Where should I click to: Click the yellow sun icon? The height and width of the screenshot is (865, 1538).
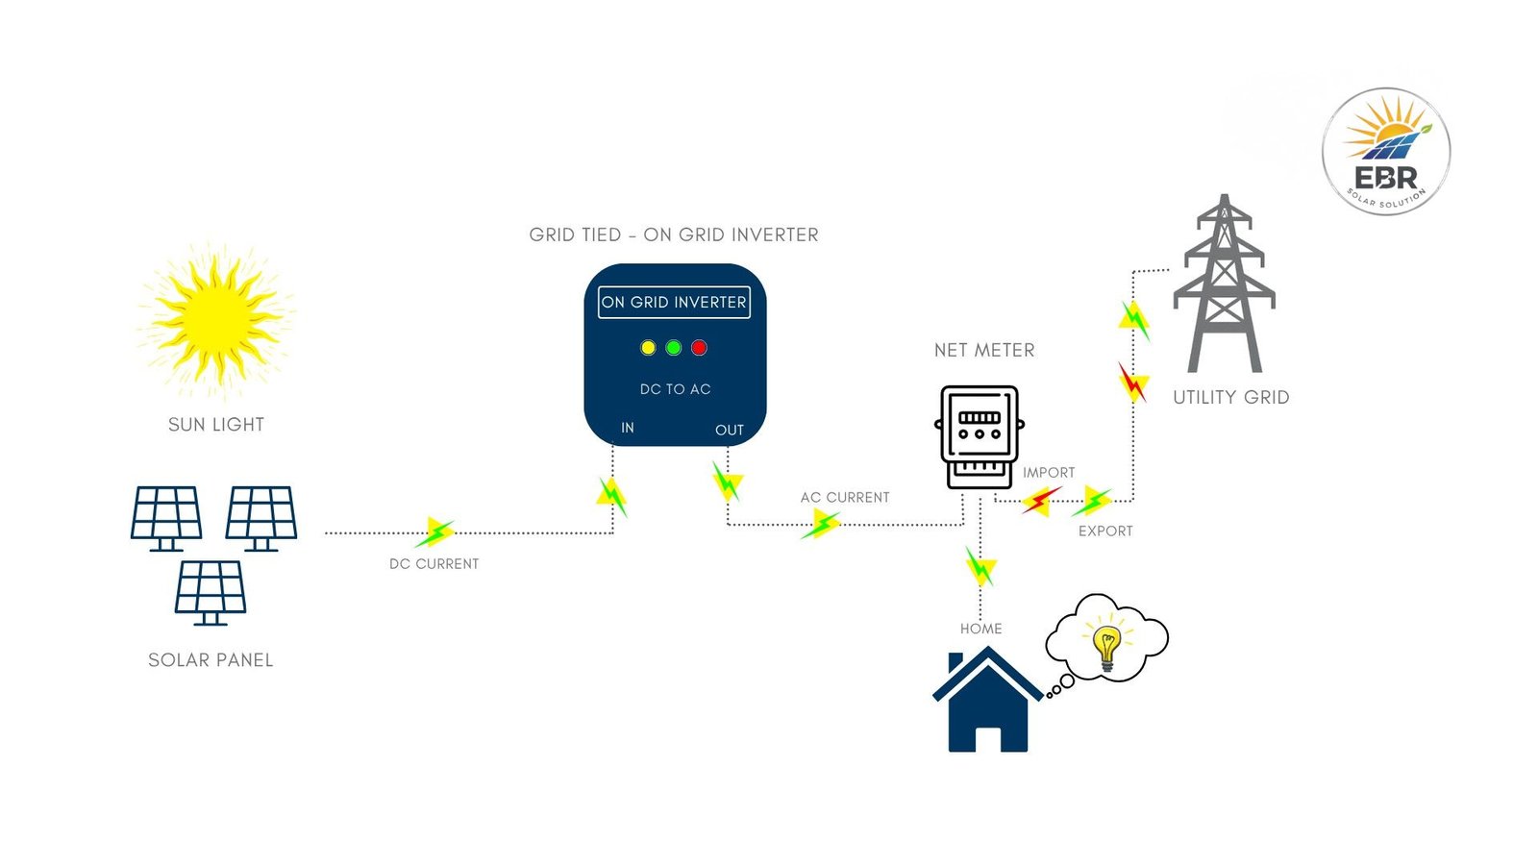coord(216,318)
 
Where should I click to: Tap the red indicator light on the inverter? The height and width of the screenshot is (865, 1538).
coord(699,348)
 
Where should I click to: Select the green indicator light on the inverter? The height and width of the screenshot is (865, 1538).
coord(674,348)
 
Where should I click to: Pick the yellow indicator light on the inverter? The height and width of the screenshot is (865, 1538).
coord(649,348)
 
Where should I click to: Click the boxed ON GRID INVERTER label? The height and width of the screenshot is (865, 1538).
coord(674,302)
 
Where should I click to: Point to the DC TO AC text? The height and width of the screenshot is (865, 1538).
coord(675,389)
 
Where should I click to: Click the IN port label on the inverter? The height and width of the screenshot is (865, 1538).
coord(628,428)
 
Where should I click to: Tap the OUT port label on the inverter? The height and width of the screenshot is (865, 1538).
coord(730,431)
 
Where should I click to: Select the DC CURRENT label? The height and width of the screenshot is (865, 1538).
coord(434,564)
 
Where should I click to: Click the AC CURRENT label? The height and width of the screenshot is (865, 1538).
coord(845,498)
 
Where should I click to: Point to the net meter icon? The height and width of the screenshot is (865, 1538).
coord(980,437)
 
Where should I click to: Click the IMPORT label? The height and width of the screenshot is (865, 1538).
coord(1049,473)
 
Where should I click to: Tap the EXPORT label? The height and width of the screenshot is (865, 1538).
coord(1105,531)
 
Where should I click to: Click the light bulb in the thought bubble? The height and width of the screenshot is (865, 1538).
coord(1107,646)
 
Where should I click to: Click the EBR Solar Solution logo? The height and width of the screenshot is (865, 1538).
coord(1385,152)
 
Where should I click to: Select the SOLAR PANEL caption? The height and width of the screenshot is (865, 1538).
coord(211,660)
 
